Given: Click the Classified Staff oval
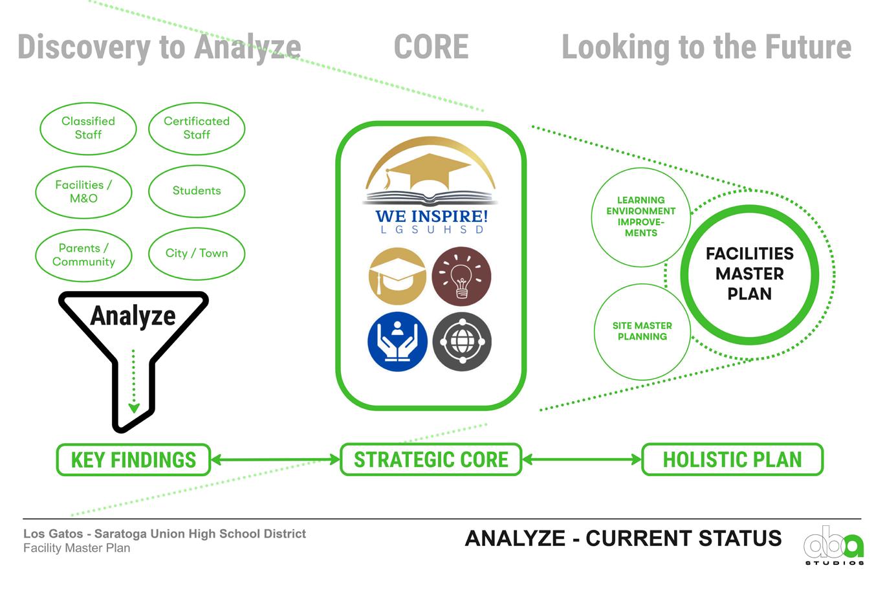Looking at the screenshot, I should [88, 128].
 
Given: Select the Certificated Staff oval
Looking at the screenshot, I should [197, 128].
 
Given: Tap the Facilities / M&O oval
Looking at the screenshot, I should [83, 191].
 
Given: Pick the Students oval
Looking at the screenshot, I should [197, 191].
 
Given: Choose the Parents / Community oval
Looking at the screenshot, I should [83, 255].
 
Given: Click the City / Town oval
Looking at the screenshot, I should [197, 254].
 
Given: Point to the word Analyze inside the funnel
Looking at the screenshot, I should [133, 316].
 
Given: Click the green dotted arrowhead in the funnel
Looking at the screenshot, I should [134, 408].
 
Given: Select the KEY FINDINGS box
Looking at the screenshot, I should [133, 460].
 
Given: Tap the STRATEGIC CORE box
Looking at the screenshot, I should [431, 460].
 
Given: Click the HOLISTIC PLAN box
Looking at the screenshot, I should [732, 460].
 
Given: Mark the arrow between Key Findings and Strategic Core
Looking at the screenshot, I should [276, 460].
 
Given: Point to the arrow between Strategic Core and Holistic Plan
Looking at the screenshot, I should [582, 460].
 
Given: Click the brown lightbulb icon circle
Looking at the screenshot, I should [461, 276].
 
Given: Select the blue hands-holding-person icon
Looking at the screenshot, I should [397, 342].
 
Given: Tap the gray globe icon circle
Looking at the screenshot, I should [461, 342].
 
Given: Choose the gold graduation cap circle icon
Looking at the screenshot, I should [397, 276].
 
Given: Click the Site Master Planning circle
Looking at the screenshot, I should [642, 331].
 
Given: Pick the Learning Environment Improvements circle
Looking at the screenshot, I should [640, 217].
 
